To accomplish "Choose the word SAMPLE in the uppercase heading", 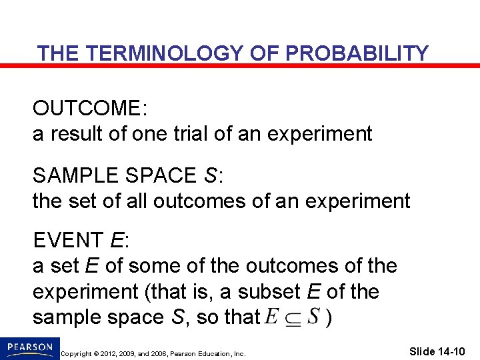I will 70,175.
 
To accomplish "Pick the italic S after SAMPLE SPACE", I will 211,175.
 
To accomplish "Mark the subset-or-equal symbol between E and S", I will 293,317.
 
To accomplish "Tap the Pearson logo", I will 29,348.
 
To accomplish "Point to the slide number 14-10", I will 453,351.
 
